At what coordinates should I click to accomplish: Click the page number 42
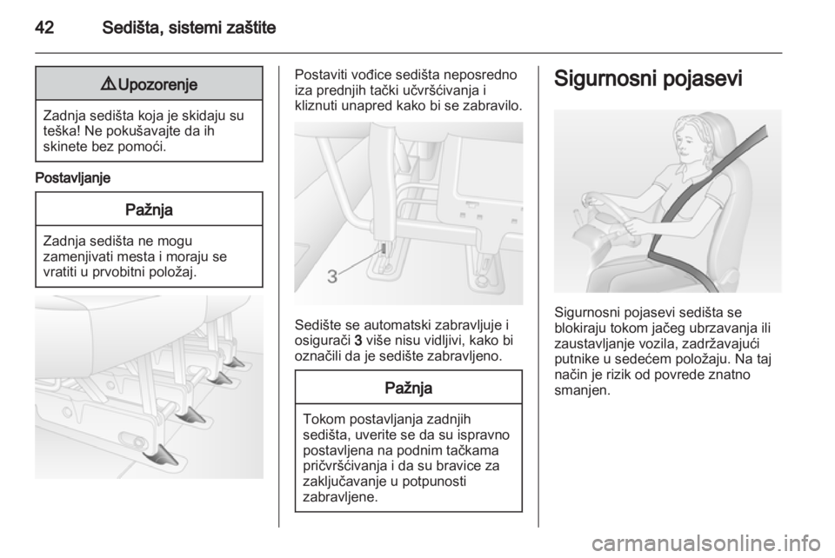(x=44, y=27)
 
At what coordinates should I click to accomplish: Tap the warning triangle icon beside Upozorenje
(x=110, y=84)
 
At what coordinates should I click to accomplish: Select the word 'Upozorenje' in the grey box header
(x=157, y=84)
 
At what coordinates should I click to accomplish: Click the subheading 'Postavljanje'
(x=73, y=178)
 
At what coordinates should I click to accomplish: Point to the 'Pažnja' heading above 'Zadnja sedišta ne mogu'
(x=149, y=209)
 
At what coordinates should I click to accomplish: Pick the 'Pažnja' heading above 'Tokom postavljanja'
(x=409, y=388)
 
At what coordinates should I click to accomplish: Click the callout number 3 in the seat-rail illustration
(x=332, y=276)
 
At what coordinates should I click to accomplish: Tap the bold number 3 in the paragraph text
(x=358, y=341)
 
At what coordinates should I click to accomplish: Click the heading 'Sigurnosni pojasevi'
(x=648, y=79)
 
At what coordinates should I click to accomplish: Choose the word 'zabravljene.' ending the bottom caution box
(x=340, y=497)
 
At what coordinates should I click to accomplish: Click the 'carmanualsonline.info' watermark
(x=711, y=544)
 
